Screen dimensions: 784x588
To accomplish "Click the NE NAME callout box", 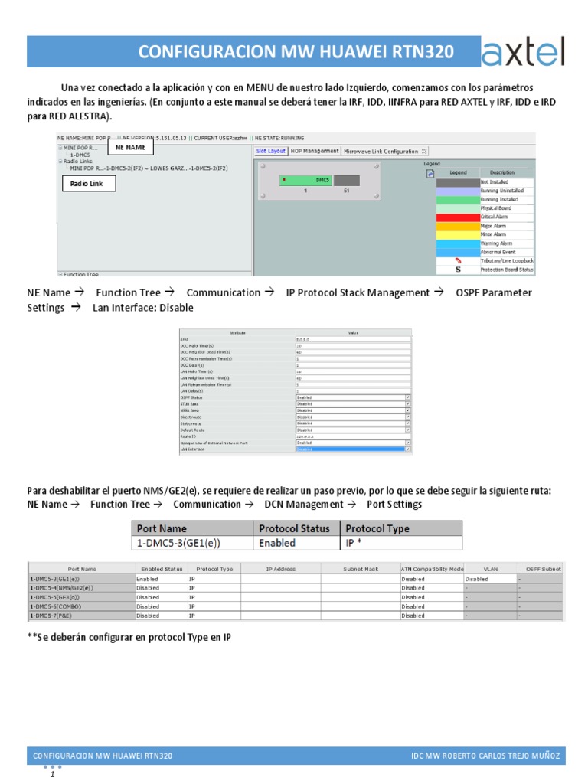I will coord(130,147).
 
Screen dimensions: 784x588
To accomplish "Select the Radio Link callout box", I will coord(87,184).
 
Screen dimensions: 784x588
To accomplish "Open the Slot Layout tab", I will coord(270,152).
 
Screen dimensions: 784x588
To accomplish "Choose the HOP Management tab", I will coord(314,152).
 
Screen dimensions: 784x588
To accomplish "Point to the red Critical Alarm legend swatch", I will coord(457,217).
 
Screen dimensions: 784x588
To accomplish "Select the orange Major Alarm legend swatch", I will coord(457,226).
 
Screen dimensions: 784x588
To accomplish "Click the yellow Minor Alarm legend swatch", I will coord(457,234).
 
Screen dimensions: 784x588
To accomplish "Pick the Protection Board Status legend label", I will coord(507,269).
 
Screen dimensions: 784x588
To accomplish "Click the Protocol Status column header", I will coord(295,528).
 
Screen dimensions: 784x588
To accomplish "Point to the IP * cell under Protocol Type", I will coord(400,543).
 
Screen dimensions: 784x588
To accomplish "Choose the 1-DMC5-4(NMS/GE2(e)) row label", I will coord(61,588).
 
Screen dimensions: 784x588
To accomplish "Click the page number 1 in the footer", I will coord(53,775).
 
